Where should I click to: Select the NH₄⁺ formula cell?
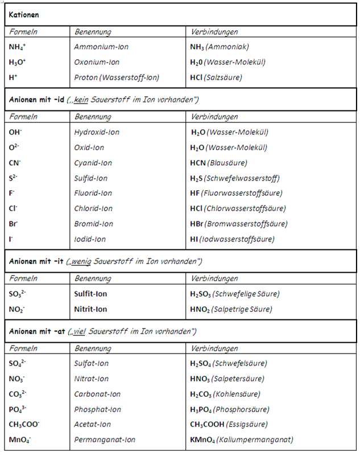tap(18, 47)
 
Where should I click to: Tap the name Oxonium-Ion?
tap(97, 62)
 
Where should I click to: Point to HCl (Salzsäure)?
tap(216, 77)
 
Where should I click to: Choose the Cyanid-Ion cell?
tap(93, 163)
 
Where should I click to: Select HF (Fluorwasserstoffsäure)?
tap(236, 193)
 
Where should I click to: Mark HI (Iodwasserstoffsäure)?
tap(232, 239)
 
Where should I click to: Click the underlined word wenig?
tap(82, 261)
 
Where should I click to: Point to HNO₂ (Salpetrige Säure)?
tap(231, 309)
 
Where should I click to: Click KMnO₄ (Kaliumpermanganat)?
tap(242, 440)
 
